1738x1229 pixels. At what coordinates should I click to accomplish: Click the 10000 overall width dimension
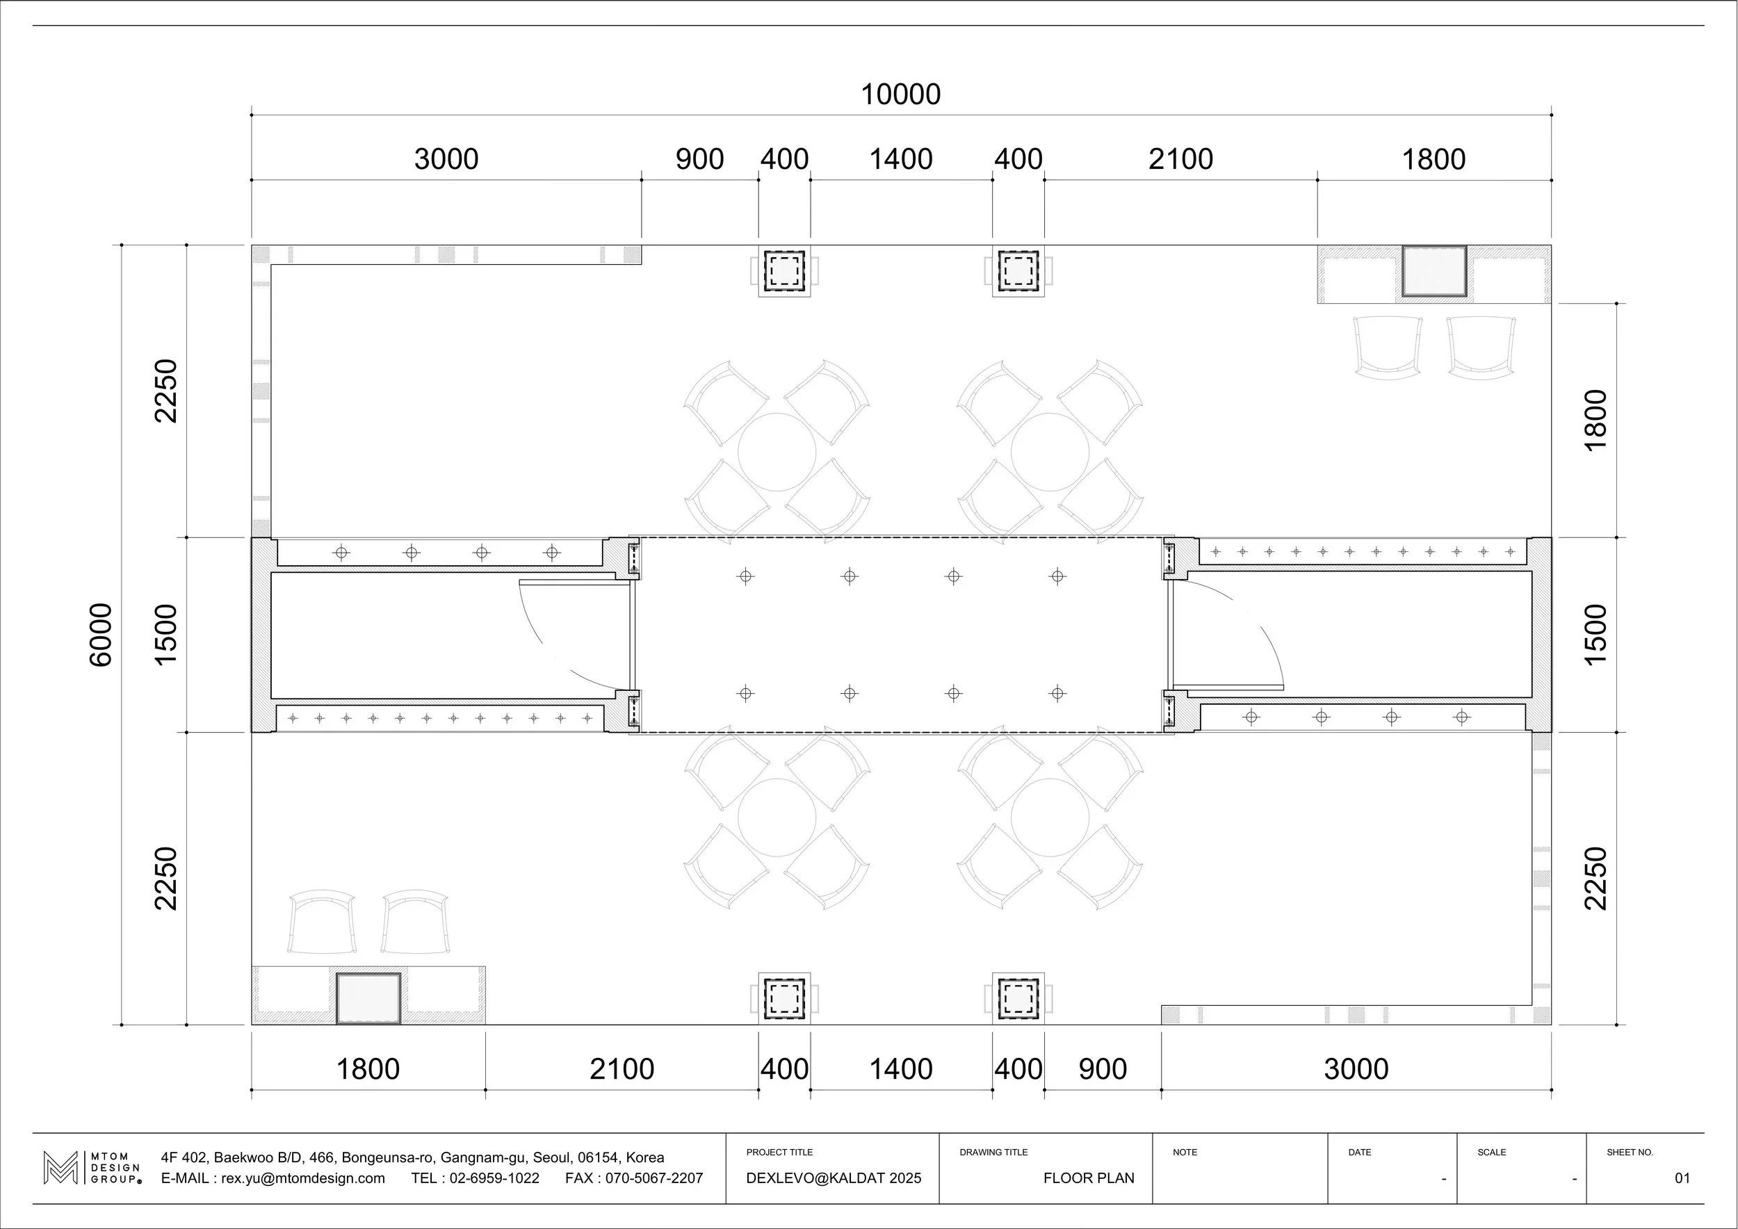click(x=901, y=95)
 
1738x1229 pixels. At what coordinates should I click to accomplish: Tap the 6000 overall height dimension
click(x=100, y=635)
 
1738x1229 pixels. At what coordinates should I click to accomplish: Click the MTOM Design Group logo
click(x=92, y=1168)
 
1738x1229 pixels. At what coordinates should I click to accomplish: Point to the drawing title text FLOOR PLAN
click(x=1089, y=1178)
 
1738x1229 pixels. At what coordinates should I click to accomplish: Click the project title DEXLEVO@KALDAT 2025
click(x=834, y=1178)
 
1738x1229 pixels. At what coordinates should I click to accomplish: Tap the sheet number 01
click(x=1682, y=1178)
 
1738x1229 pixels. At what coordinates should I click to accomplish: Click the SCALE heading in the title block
click(x=1491, y=1153)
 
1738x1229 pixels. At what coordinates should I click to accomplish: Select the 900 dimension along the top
click(x=699, y=159)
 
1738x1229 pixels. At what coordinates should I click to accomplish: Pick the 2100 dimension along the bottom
click(x=622, y=1068)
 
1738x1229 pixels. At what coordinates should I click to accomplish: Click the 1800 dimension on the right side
click(x=1595, y=420)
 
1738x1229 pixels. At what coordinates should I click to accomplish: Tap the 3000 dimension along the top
click(x=446, y=159)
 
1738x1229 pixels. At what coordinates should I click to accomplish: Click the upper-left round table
click(x=777, y=452)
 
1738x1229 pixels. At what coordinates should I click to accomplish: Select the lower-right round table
click(x=1050, y=817)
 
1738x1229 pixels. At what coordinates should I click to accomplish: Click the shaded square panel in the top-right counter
click(x=1434, y=270)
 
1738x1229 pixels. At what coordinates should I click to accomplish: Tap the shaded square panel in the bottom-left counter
click(x=368, y=998)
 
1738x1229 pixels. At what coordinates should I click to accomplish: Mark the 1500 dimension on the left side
click(x=165, y=635)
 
